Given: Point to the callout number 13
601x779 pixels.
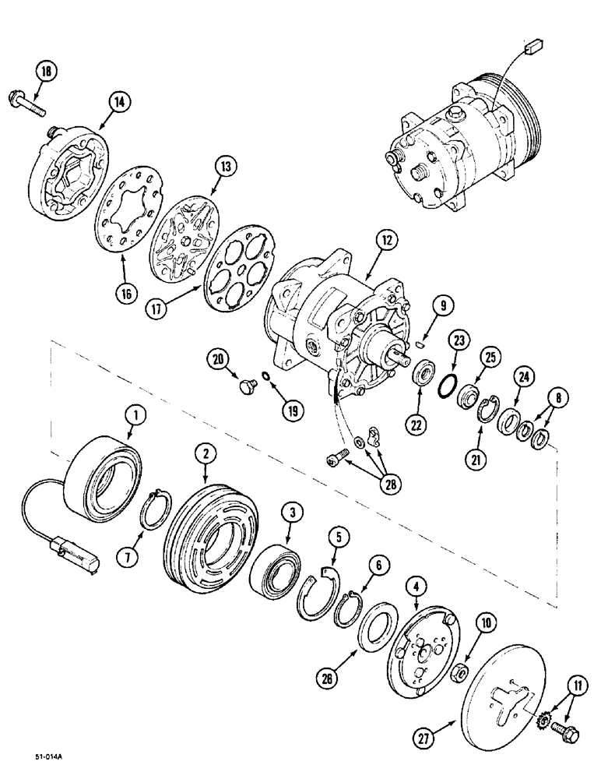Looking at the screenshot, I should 225,167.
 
